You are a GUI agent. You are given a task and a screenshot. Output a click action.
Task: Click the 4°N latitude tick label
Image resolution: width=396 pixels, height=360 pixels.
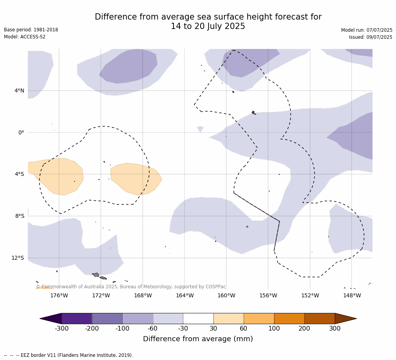pos(20,90)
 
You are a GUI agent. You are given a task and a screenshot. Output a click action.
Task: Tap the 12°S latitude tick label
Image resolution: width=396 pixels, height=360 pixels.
pos(18,258)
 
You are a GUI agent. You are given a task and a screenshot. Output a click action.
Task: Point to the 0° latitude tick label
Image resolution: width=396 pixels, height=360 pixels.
pos(21,132)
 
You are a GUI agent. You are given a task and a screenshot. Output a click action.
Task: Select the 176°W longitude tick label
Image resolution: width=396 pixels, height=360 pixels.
pos(59,295)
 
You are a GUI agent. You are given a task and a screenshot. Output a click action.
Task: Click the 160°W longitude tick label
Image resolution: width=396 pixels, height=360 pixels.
pos(226,295)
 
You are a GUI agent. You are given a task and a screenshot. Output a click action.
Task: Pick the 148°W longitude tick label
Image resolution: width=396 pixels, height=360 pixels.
pos(352,295)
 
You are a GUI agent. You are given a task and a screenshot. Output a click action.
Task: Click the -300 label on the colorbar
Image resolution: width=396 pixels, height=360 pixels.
pos(61,328)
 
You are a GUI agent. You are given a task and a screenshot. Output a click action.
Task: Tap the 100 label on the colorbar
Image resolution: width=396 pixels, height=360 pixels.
pos(274,328)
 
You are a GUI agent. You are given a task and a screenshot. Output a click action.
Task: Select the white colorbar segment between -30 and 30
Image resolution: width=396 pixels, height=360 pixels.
pos(198,318)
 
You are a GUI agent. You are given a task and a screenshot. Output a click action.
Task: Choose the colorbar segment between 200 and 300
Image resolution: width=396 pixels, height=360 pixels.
pos(320,318)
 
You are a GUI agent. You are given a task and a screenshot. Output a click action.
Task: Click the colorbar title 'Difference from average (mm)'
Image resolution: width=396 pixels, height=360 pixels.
pos(198,339)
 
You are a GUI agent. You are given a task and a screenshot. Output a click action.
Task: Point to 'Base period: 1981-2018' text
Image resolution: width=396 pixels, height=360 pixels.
pos(31,30)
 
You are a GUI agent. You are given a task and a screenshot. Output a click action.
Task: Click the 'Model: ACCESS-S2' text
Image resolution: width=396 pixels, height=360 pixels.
pos(25,37)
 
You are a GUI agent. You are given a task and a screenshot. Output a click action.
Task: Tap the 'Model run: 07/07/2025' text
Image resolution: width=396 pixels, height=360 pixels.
pos(367,30)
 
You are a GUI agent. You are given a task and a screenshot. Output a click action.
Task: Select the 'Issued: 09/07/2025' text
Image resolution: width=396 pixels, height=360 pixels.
pos(371,37)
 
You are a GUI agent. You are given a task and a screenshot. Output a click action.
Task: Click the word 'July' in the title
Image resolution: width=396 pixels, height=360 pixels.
pos(204,26)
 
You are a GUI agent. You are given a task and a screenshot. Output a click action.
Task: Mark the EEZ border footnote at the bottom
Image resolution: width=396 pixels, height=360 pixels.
pos(69,355)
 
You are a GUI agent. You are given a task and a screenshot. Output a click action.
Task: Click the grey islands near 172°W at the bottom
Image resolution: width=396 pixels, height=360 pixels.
pos(99,276)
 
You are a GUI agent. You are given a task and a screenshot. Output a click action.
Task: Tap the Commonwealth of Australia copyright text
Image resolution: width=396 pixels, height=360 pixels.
pos(131,287)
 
